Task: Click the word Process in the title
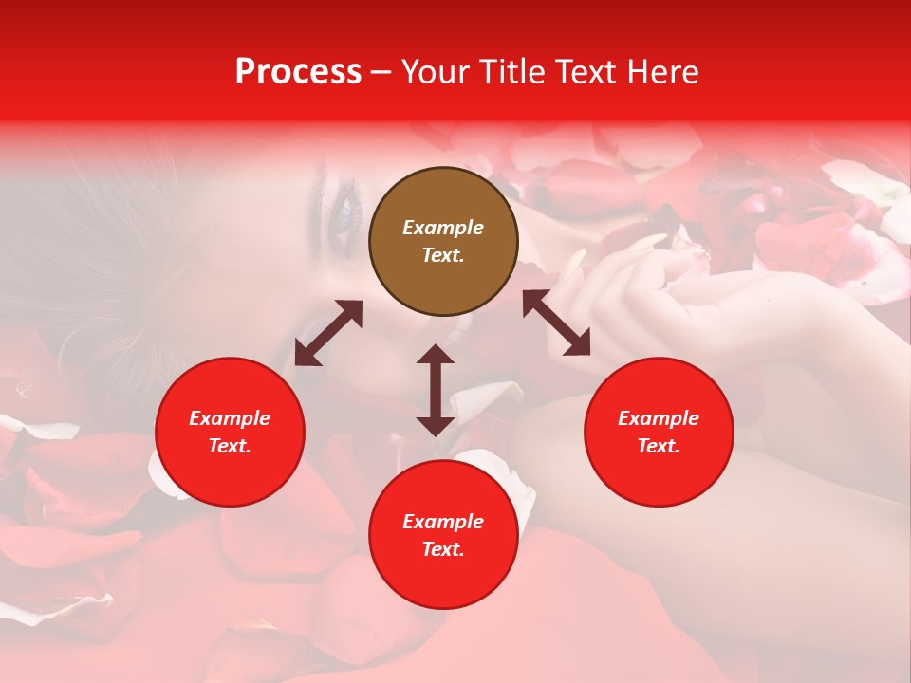point(298,72)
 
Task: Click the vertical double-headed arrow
point(436,390)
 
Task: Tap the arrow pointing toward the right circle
point(556,323)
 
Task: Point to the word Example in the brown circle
point(443,228)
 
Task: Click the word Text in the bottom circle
point(442,550)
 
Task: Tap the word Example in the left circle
point(230,418)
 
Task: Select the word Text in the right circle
point(658,447)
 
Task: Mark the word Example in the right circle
point(659,418)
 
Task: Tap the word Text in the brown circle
point(442,256)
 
